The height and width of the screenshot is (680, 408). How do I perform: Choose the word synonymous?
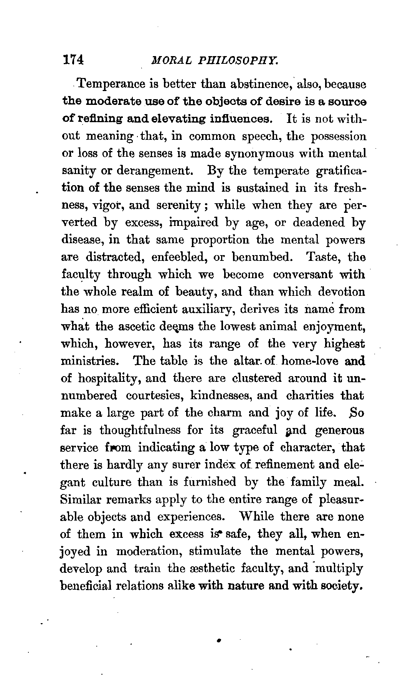coord(246,154)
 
